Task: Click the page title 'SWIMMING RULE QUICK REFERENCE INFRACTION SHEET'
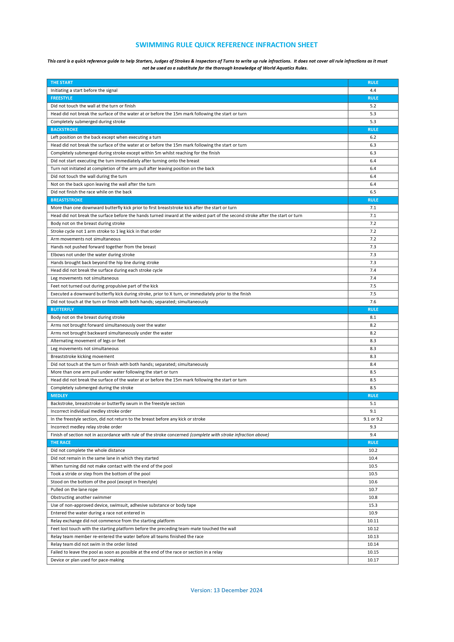click(226, 45)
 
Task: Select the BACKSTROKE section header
click(64, 129)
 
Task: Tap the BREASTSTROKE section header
click(67, 200)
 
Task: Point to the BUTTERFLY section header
click(62, 309)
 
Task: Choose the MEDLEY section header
click(59, 396)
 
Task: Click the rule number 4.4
click(373, 90)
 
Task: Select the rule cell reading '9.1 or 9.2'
click(373, 419)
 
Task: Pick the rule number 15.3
click(373, 505)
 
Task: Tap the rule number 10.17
click(373, 560)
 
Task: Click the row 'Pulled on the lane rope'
click(74, 490)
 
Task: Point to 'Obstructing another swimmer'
click(81, 497)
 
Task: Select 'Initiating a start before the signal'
click(84, 90)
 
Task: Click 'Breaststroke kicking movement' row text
click(83, 357)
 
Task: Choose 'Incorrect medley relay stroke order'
click(86, 427)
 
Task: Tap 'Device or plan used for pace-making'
click(87, 560)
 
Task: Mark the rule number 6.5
click(373, 192)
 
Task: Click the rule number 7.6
click(373, 302)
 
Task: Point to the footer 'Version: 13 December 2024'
click(226, 590)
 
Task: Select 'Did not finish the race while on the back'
click(91, 192)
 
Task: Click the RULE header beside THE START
click(373, 83)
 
